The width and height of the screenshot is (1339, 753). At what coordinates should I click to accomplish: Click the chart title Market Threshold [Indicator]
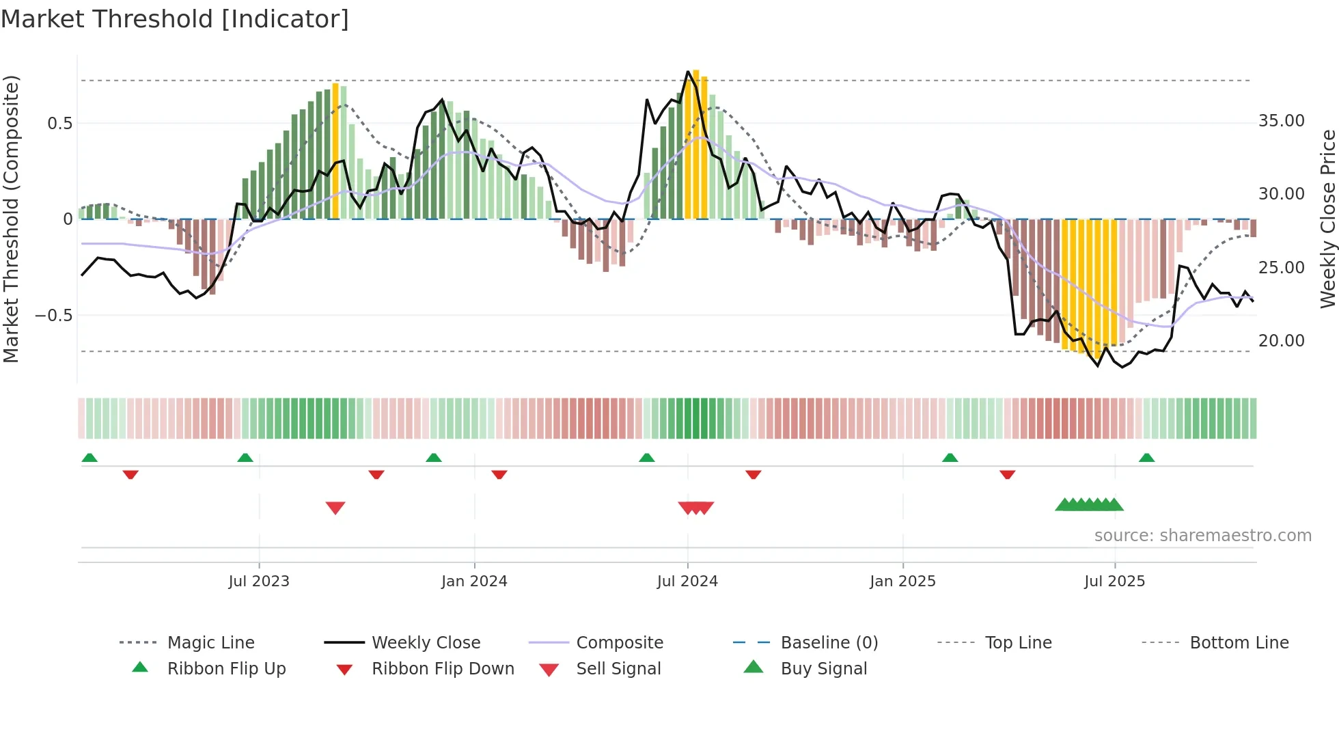175,19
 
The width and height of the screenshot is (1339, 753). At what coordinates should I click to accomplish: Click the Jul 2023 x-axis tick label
259,581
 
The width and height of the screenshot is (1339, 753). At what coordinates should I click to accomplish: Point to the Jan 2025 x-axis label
902,581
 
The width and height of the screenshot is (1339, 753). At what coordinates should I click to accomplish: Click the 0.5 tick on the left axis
59,124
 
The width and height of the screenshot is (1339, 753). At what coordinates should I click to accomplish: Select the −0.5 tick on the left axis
54,316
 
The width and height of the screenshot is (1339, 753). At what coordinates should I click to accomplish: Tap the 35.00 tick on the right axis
1281,121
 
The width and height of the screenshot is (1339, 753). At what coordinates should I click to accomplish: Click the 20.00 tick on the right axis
1281,341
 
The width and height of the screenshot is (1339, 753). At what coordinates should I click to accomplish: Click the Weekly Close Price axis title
1327,219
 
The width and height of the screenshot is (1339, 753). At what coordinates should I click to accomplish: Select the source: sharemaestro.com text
1202,536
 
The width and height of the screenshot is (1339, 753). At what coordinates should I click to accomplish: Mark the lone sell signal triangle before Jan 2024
335,508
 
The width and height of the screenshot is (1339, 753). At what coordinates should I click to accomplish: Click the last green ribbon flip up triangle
1146,458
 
